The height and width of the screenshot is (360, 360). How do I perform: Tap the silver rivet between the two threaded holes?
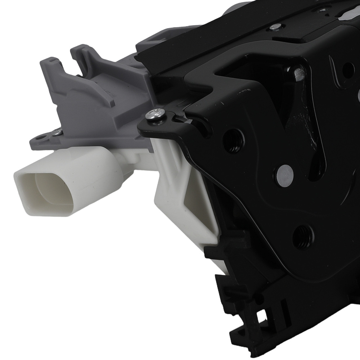[285, 175]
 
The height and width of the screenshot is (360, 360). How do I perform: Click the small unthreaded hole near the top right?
[348, 68]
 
